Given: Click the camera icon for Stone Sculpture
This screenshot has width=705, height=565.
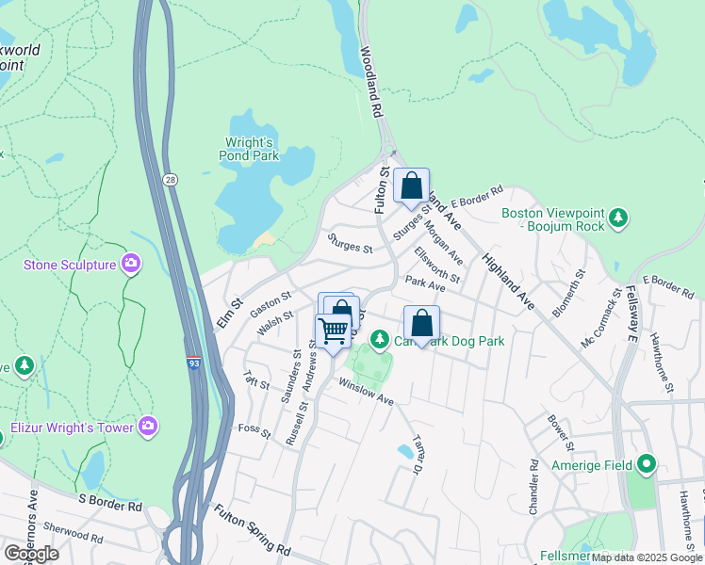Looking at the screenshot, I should pyautogui.click(x=131, y=265).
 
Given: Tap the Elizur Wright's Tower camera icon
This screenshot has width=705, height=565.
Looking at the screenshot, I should pyautogui.click(x=148, y=428).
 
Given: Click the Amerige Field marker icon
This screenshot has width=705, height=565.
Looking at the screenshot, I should pyautogui.click(x=646, y=464).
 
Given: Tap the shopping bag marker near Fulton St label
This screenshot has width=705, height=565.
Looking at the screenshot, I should pyautogui.click(x=411, y=186).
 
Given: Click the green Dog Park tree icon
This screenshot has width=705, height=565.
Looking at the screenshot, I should pyautogui.click(x=379, y=338).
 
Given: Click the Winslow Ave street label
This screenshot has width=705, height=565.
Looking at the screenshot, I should pyautogui.click(x=366, y=393).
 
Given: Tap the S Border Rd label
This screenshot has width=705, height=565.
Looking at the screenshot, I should pyautogui.click(x=109, y=505).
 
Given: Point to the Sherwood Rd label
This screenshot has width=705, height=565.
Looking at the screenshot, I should pyautogui.click(x=72, y=536).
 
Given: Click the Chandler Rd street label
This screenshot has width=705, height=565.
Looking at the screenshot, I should pyautogui.click(x=534, y=487).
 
